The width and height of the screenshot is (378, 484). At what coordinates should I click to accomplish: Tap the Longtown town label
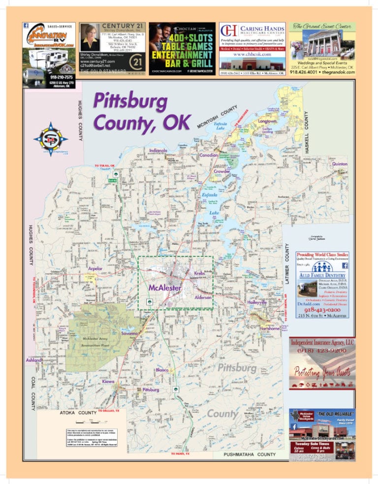click(x=268, y=121)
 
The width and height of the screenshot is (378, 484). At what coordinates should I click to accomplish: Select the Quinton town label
click(x=340, y=163)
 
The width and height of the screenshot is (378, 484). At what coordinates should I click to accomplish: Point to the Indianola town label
click(x=158, y=150)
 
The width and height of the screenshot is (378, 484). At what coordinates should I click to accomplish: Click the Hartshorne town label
click(x=270, y=328)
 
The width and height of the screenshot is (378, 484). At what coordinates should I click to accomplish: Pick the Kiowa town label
click(x=108, y=381)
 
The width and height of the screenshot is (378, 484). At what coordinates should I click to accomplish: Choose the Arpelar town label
click(x=95, y=269)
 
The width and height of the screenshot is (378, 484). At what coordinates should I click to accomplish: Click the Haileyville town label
click(x=257, y=303)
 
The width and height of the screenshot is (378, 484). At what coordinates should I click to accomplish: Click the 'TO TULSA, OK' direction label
click(x=105, y=166)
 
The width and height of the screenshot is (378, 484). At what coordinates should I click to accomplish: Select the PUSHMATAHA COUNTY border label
click(x=249, y=455)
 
